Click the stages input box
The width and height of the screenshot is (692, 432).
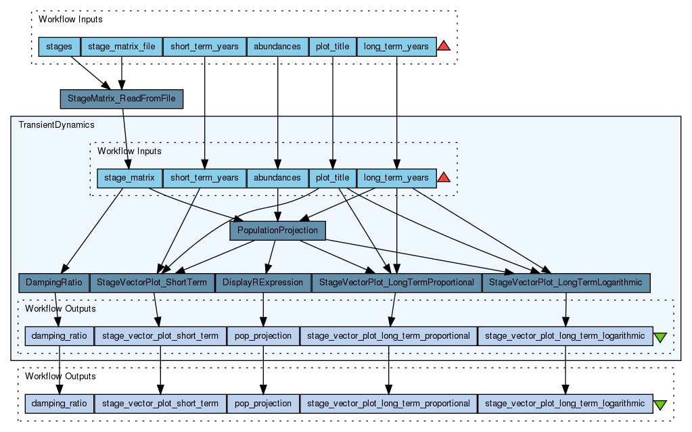pyautogui.click(x=59, y=47)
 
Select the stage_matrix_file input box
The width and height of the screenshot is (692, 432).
pyautogui.click(x=122, y=47)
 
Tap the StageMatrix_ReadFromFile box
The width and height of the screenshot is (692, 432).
pyautogui.click(x=122, y=99)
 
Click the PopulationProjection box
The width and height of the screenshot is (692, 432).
pyautogui.click(x=277, y=231)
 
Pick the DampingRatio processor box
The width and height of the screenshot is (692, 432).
pyautogui.click(x=53, y=282)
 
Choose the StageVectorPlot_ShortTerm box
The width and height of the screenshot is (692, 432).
pyautogui.click(x=152, y=282)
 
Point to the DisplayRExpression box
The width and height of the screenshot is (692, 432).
pyautogui.click(x=262, y=282)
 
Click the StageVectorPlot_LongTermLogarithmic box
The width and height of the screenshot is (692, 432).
pyautogui.click(x=566, y=282)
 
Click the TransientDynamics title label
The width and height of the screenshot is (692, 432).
pyautogui.click(x=56, y=125)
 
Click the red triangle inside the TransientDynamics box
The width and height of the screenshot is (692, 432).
pyautogui.click(x=444, y=178)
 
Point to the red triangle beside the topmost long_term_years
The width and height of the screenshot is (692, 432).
pyautogui.click(x=444, y=46)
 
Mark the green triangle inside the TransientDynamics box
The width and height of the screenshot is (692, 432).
pyautogui.click(x=661, y=337)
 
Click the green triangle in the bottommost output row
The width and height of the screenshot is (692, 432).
pyautogui.click(x=661, y=404)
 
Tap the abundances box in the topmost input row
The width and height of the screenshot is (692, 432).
pyautogui.click(x=277, y=47)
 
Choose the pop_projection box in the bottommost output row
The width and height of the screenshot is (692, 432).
pyautogui.click(x=262, y=404)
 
